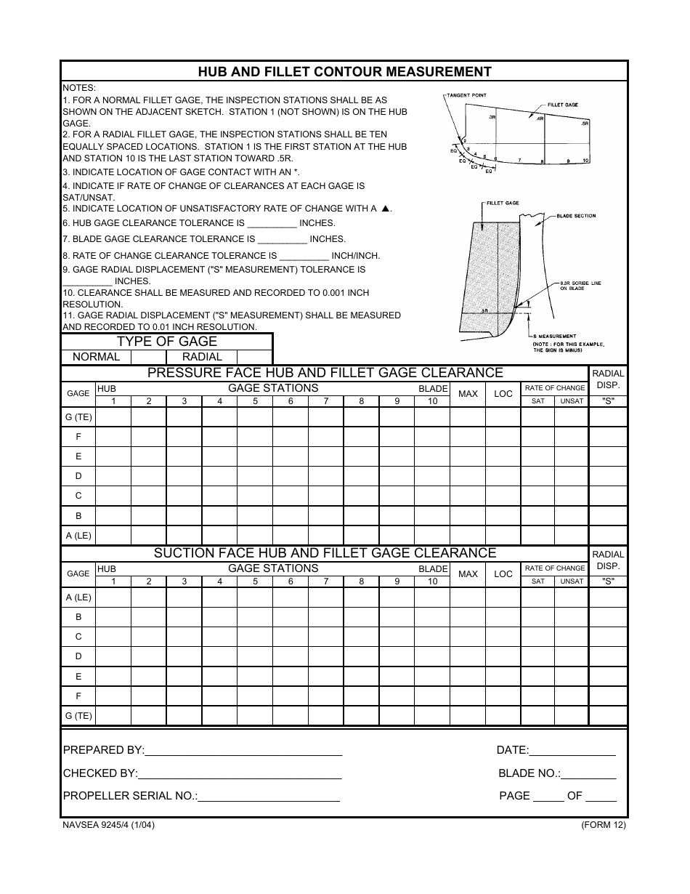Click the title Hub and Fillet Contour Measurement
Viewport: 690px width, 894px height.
point(344,71)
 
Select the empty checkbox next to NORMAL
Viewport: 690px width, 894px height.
point(148,357)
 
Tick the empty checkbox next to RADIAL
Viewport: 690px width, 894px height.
point(254,357)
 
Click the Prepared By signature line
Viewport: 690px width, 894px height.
point(243,751)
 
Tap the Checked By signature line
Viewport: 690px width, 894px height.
point(240,774)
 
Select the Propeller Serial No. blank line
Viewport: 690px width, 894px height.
point(269,797)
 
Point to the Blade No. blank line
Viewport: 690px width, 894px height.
point(588,774)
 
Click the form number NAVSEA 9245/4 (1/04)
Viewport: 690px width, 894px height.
point(108,825)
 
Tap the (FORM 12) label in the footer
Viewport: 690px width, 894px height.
point(603,825)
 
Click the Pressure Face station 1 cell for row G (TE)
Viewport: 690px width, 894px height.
point(113,416)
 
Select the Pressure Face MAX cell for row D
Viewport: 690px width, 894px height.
point(468,476)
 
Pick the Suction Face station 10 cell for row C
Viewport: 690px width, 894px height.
point(432,637)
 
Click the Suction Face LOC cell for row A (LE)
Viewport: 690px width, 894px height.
point(503,597)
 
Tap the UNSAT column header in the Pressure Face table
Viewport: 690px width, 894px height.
point(572,401)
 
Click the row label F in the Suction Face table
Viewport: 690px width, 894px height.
point(78,696)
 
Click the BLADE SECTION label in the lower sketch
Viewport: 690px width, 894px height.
point(576,216)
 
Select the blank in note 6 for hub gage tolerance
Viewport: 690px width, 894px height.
point(272,224)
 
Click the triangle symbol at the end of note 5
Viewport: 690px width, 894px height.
point(386,209)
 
